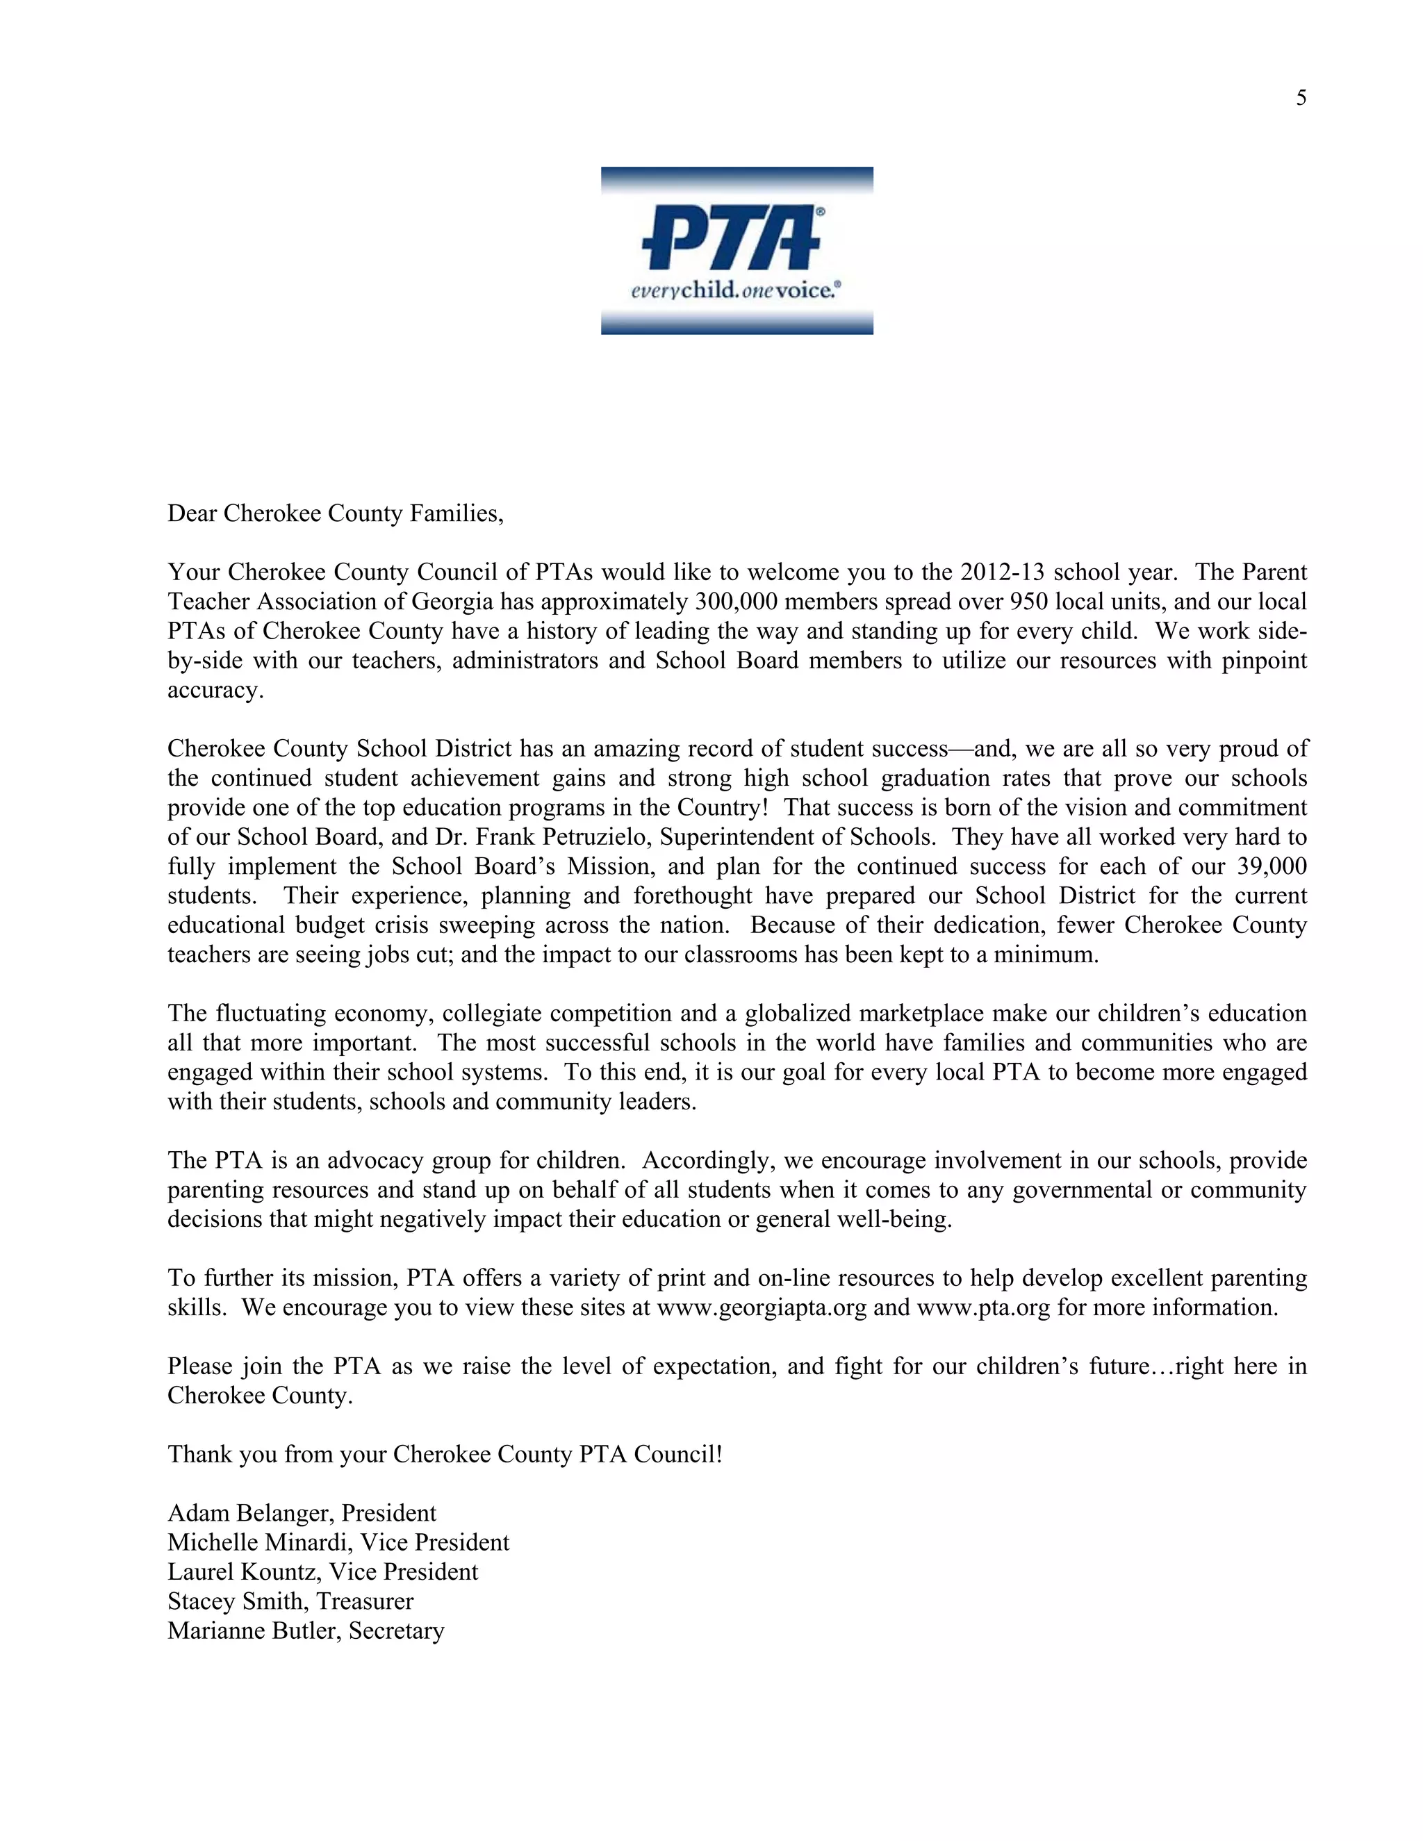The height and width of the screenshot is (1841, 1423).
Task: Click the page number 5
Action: tap(1301, 99)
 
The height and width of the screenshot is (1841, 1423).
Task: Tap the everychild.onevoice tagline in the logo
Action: tap(736, 291)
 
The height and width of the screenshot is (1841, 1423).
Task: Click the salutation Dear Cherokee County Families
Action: tap(335, 513)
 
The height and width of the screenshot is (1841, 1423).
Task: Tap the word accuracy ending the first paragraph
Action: tap(215, 691)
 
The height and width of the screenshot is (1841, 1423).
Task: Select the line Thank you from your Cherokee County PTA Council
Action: tap(444, 1455)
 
